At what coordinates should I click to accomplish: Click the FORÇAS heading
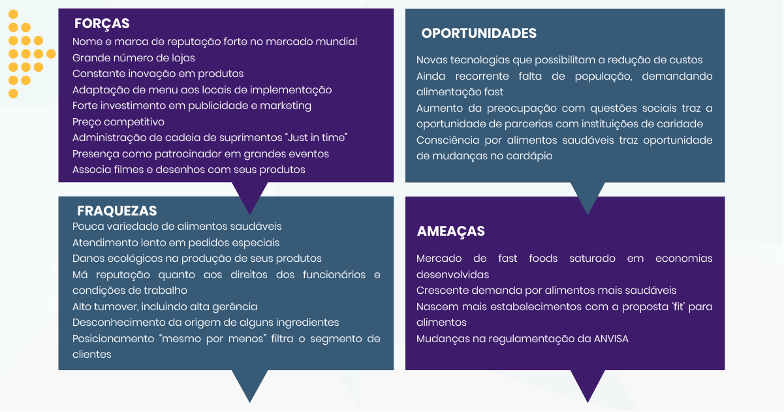point(102,24)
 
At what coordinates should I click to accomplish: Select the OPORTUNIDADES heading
point(478,34)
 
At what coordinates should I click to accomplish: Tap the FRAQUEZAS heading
point(117,211)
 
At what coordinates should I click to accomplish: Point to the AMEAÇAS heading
point(450,231)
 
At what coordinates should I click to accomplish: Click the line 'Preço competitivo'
point(118,122)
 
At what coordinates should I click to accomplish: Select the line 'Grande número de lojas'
point(133,58)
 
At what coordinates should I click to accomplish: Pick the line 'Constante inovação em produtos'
point(158,74)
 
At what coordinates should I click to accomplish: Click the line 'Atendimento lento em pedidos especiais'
point(176,243)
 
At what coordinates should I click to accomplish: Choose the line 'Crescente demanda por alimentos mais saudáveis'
point(546,291)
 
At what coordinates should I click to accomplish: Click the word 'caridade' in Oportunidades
point(680,124)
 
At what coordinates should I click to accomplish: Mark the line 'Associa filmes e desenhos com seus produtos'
point(189,170)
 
